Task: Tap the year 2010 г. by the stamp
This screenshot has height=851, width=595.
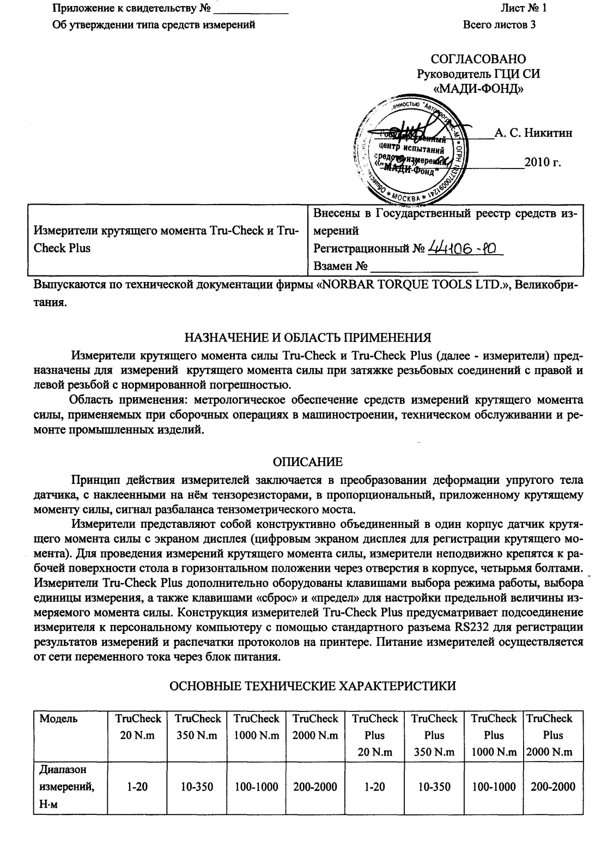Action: [x=542, y=162]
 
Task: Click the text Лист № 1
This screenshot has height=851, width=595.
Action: [x=523, y=8]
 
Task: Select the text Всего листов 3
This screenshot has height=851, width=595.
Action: [x=499, y=25]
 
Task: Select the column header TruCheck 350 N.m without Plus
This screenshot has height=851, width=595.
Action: [x=198, y=727]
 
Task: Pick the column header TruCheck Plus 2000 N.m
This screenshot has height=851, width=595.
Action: [x=550, y=735]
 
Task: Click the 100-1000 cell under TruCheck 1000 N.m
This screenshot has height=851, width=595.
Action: [x=256, y=787]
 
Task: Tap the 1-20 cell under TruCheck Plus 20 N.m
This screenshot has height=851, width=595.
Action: [x=375, y=787]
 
